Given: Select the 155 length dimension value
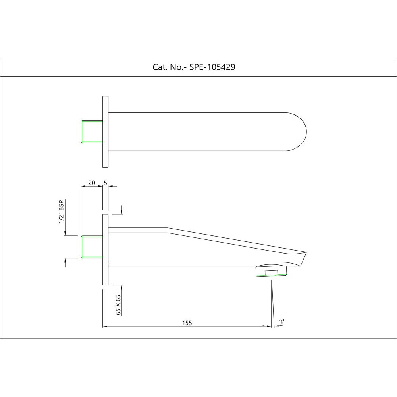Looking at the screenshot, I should pos(187,323).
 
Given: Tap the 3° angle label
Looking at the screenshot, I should pos(281,322).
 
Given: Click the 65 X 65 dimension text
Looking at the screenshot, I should pos(118,305).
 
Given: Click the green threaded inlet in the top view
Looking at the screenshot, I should pos(92,131).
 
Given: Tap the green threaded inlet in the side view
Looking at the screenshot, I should pos(92,247).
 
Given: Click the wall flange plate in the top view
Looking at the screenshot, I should pos(106,131).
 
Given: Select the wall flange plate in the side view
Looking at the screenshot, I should pos(106,250).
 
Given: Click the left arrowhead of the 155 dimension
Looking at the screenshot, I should pos(105,326).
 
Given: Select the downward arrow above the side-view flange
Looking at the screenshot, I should pos(121,212).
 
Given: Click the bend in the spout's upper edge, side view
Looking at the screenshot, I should pos(168,228).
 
